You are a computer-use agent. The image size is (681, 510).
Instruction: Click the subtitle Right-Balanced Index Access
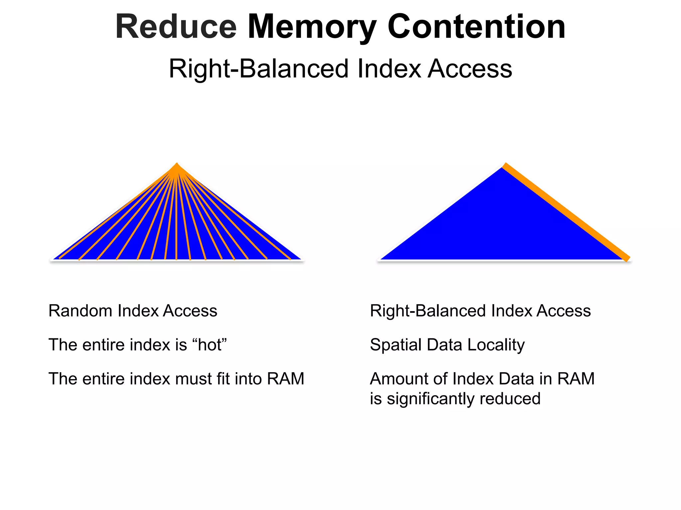click(x=340, y=69)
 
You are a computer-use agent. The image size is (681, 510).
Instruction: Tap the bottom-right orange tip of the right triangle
click(x=627, y=258)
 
